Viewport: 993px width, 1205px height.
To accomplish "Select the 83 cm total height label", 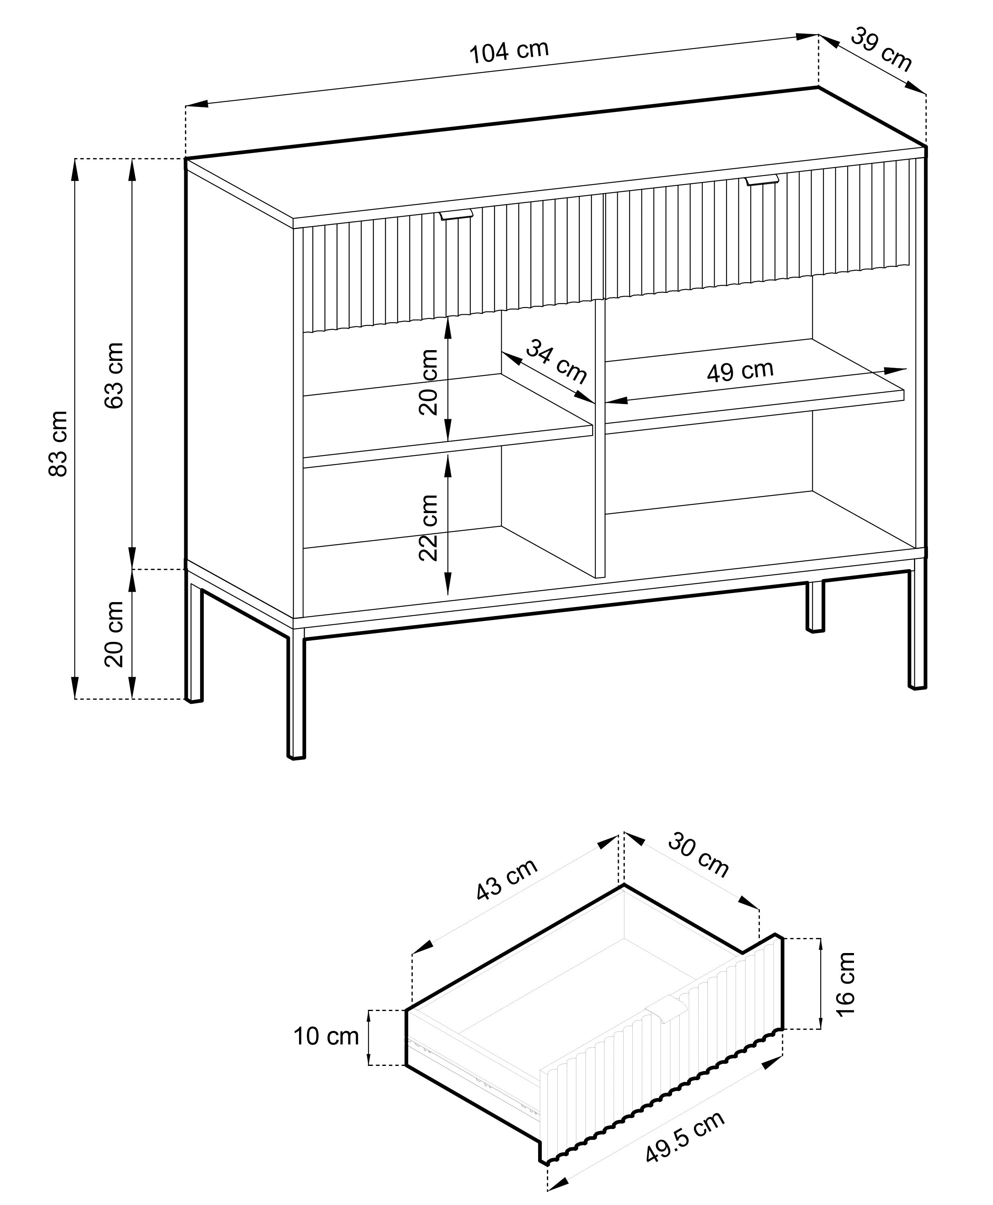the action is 58,444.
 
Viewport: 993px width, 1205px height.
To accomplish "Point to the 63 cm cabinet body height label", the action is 114,375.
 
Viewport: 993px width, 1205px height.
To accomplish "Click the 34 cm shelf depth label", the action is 556,362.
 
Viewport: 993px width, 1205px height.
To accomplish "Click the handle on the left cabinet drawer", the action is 456,214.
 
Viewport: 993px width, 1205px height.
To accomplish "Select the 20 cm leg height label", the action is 114,634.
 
